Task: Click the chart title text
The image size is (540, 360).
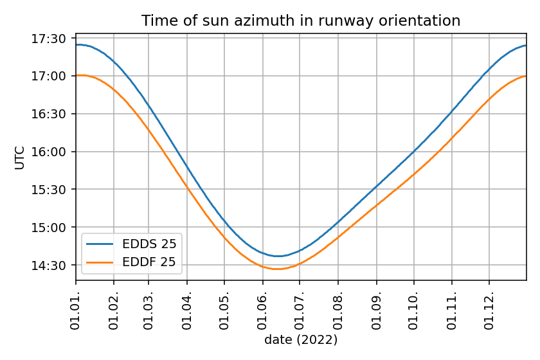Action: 301,21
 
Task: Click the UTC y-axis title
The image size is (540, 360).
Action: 20,158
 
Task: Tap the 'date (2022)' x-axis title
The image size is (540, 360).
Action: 301,339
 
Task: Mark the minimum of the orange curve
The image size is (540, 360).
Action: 278,269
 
